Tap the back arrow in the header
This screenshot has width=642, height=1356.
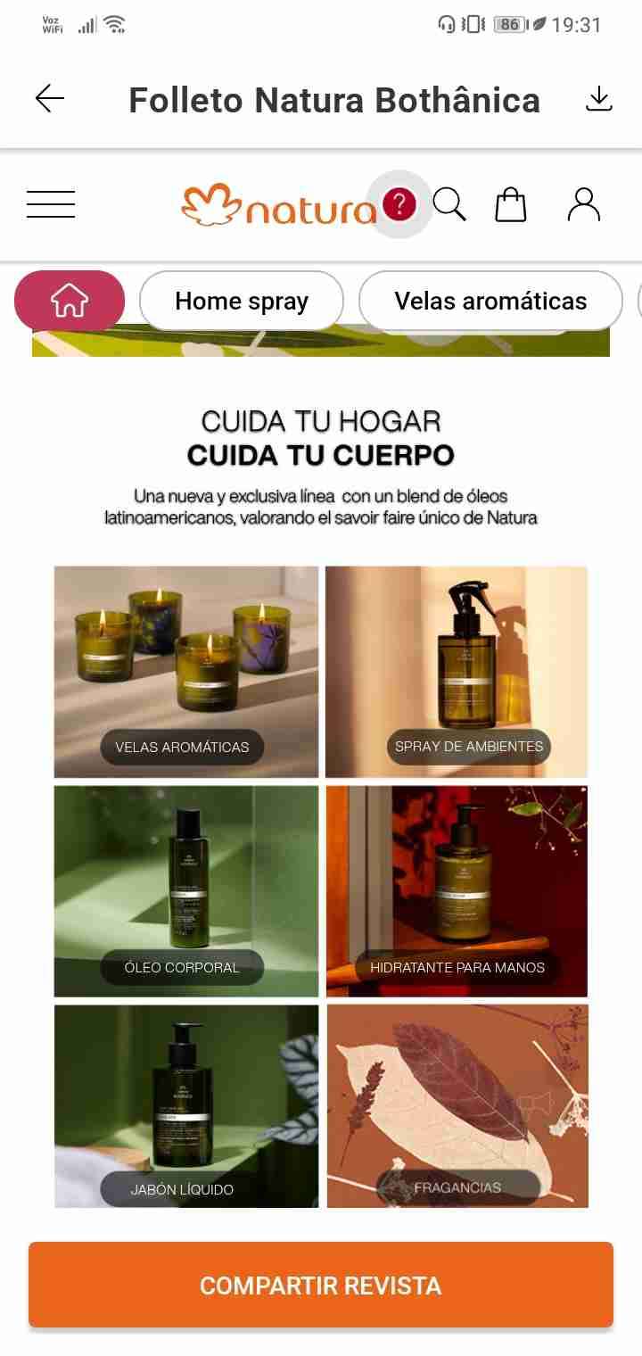click(x=50, y=99)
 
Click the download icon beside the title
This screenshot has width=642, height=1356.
click(x=599, y=99)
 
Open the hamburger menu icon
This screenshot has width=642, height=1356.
click(x=51, y=204)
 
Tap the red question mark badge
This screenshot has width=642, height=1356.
click(x=399, y=205)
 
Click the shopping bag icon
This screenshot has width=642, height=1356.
click(x=511, y=204)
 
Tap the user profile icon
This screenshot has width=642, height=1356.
click(x=584, y=204)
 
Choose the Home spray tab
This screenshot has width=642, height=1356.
click(x=242, y=302)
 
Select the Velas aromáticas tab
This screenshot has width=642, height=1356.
click(x=490, y=302)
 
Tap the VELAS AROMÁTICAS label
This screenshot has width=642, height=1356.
click(x=182, y=747)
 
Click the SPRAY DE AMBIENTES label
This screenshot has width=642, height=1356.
click(x=469, y=746)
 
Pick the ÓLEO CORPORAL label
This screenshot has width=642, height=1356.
click(x=182, y=967)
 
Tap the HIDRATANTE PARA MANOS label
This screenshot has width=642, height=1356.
click(x=457, y=967)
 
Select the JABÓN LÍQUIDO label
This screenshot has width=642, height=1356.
click(x=182, y=1189)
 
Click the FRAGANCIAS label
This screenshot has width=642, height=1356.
click(x=457, y=1187)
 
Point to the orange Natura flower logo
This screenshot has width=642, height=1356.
click(x=210, y=205)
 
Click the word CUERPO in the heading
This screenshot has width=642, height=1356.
click(x=393, y=455)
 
